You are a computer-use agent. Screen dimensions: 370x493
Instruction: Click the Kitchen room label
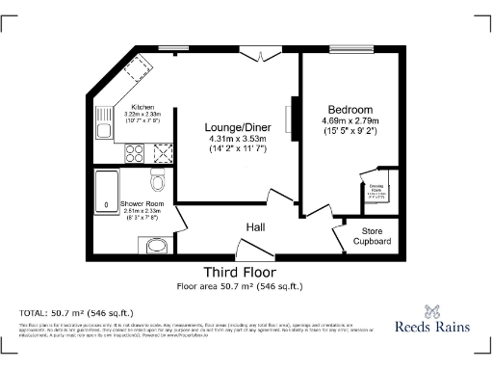pos(143,107)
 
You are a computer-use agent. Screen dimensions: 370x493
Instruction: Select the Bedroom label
pos(350,109)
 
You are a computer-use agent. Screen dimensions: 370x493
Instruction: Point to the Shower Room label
pos(142,204)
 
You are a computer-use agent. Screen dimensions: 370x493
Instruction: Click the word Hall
pos(255,226)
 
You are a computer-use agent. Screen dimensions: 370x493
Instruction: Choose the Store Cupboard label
pos(376,236)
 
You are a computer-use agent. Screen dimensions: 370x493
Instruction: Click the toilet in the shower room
pos(159,180)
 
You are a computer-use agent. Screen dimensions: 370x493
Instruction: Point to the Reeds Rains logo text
pos(433,327)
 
